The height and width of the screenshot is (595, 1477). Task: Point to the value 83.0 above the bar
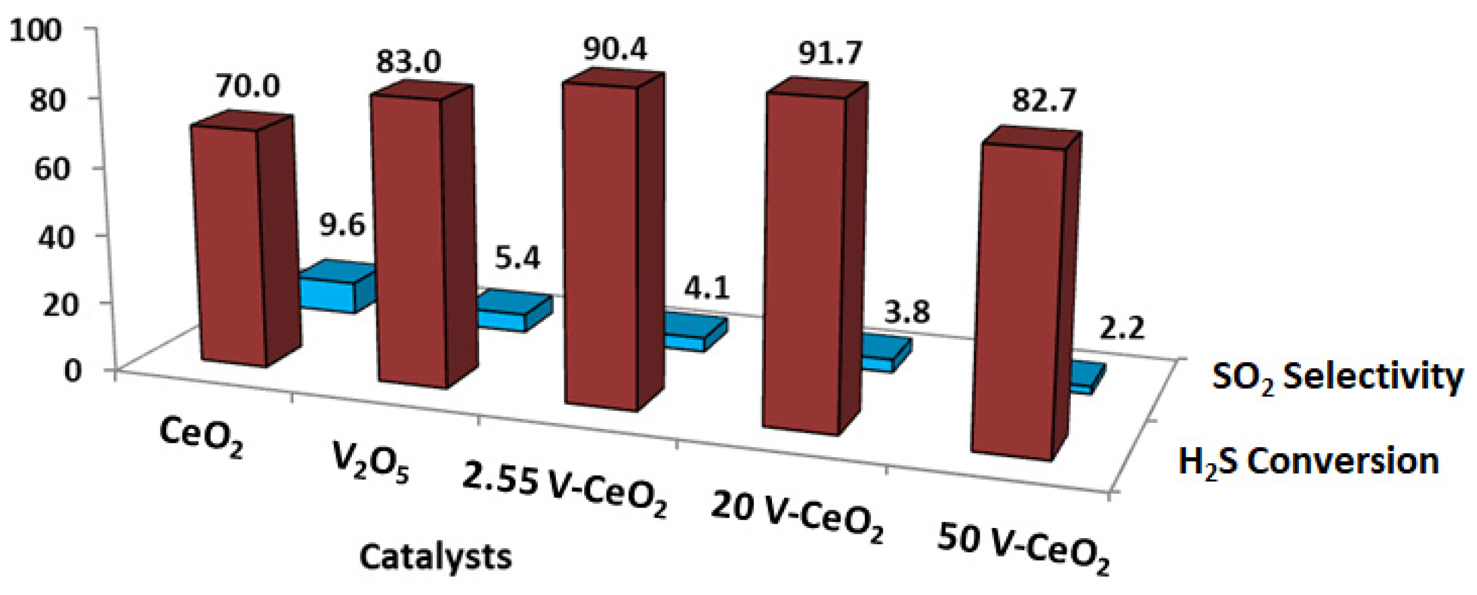(409, 62)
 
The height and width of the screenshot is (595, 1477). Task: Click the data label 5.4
(517, 259)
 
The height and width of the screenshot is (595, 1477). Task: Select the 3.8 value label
(907, 312)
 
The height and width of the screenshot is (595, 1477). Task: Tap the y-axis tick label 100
(36, 30)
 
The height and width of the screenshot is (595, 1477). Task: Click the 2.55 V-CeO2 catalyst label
(564, 489)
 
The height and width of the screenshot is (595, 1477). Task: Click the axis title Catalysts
(435, 556)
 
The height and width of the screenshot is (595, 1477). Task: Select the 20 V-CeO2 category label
(797, 517)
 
